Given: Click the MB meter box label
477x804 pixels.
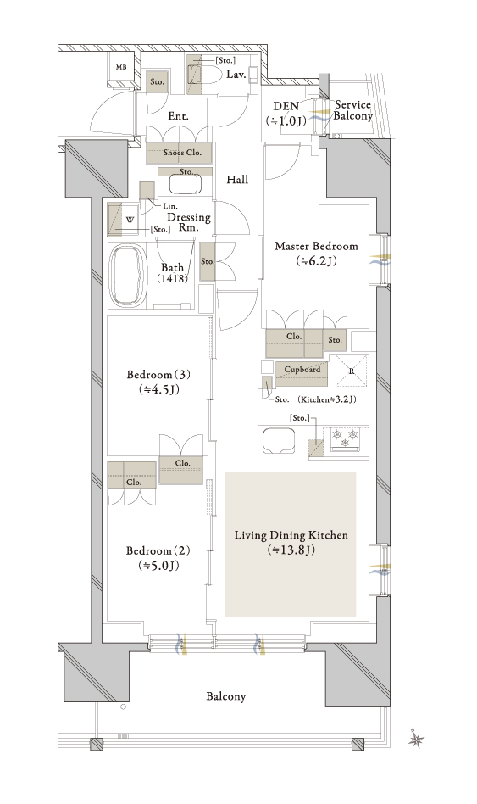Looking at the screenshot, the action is (121, 67).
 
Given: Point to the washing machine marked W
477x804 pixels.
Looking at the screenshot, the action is (123, 220).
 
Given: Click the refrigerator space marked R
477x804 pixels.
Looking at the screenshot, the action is (352, 371).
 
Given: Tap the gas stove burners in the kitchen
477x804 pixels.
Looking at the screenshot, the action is (346, 438).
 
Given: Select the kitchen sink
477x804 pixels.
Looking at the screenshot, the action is (279, 441).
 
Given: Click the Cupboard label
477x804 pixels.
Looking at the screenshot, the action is (302, 369).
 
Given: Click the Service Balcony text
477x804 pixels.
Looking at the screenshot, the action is (353, 110).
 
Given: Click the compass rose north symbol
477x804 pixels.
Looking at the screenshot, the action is (417, 739).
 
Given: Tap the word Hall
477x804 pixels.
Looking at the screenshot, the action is (237, 180).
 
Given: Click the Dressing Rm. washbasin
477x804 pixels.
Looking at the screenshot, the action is (186, 185).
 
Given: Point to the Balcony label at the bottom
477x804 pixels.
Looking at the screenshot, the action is (226, 696).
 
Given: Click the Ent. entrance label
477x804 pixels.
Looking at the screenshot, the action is (178, 116).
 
